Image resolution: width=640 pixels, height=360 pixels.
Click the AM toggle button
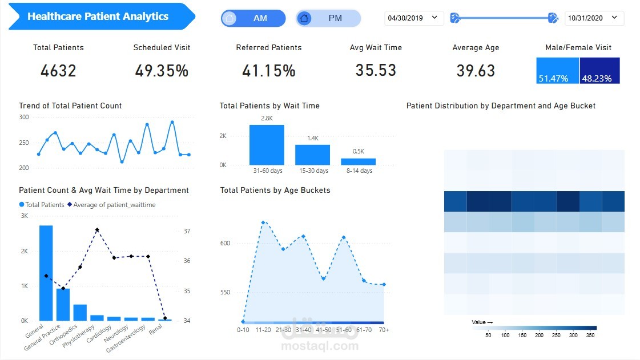click(x=253, y=18)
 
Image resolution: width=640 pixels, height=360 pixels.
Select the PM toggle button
click(x=328, y=18)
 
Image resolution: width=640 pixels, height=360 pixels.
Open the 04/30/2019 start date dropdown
click(x=413, y=18)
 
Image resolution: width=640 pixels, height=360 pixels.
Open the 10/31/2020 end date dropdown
click(x=594, y=18)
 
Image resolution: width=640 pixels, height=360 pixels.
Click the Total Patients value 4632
click(x=58, y=71)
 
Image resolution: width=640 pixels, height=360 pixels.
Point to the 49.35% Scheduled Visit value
click(x=162, y=71)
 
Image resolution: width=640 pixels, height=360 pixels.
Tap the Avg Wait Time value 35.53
click(x=376, y=70)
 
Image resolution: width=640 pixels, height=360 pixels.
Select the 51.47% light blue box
click(x=557, y=71)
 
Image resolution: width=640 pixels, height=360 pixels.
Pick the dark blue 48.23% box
click(x=599, y=71)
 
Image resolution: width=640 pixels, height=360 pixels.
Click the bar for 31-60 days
click(x=267, y=145)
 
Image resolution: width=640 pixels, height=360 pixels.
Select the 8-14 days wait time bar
click(x=358, y=161)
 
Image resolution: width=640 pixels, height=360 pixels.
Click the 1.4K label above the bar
click(x=312, y=138)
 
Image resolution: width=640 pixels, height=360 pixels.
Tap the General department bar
click(x=46, y=273)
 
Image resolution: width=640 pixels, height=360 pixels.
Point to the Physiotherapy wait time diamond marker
click(x=97, y=230)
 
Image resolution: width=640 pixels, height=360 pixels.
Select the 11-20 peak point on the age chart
click(x=263, y=223)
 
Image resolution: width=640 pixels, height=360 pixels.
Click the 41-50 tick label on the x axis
click(x=323, y=330)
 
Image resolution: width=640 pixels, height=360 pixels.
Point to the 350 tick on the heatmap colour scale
click(x=590, y=335)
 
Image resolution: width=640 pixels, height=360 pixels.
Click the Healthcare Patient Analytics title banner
click(x=98, y=17)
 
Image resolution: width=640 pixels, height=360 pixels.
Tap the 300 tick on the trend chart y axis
click(x=23, y=117)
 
